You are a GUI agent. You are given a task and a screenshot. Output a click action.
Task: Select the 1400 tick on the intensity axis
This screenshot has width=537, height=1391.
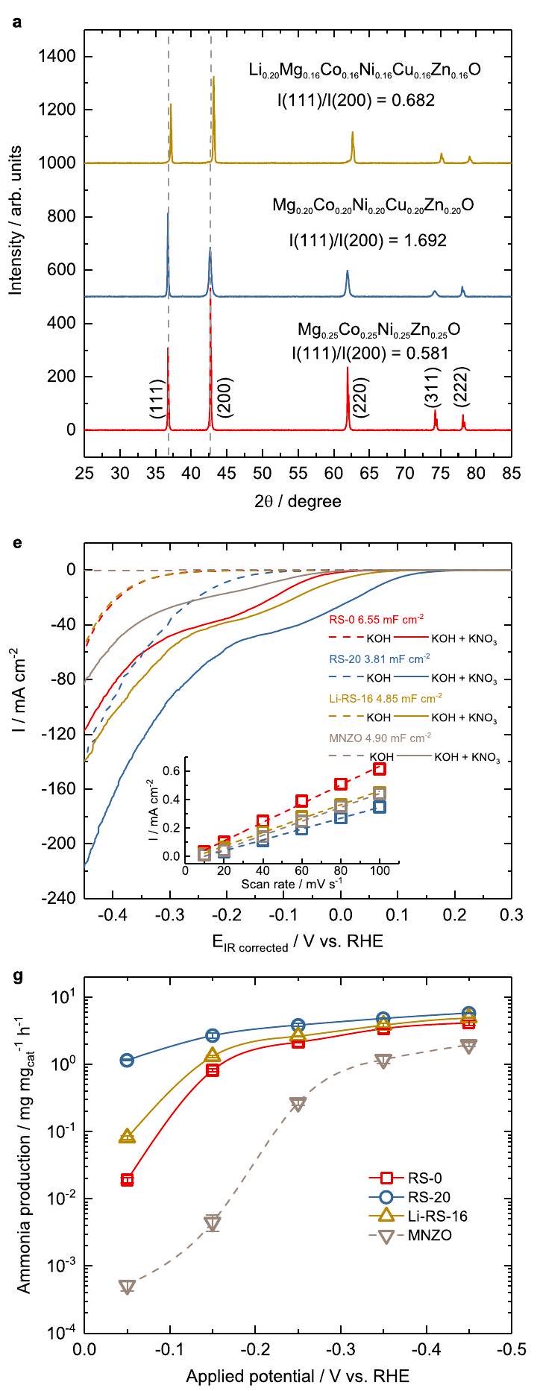tap(57, 57)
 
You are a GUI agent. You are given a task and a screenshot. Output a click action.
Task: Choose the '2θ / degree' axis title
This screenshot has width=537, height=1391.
tap(298, 500)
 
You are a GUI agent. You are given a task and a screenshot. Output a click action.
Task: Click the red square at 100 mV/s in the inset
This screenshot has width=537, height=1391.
tap(380, 769)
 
